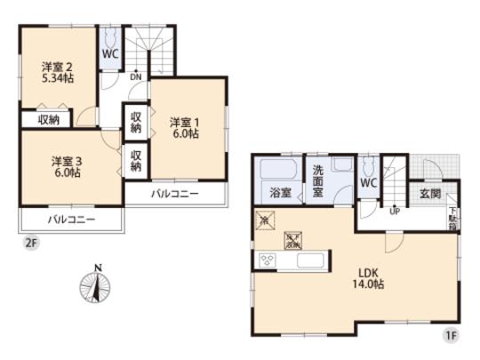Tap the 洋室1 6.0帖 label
point(185,127)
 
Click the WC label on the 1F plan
point(369,182)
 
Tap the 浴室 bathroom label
point(276,191)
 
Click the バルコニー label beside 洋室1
point(173,193)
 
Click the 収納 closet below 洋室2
point(48,119)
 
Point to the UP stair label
point(392,211)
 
